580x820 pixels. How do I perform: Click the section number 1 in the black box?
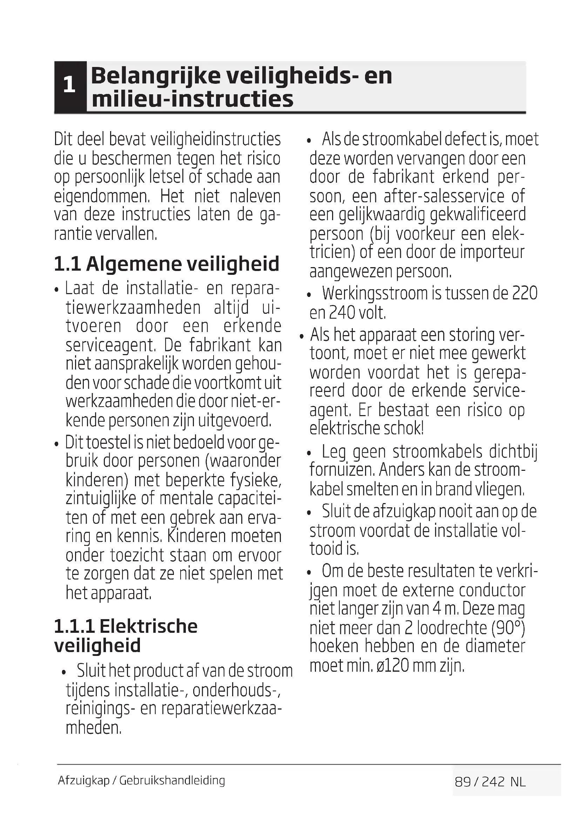(69, 85)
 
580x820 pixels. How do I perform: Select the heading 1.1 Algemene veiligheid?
(167, 264)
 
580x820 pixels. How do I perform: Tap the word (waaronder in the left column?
(243, 461)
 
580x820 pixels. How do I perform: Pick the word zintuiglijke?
(101, 499)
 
